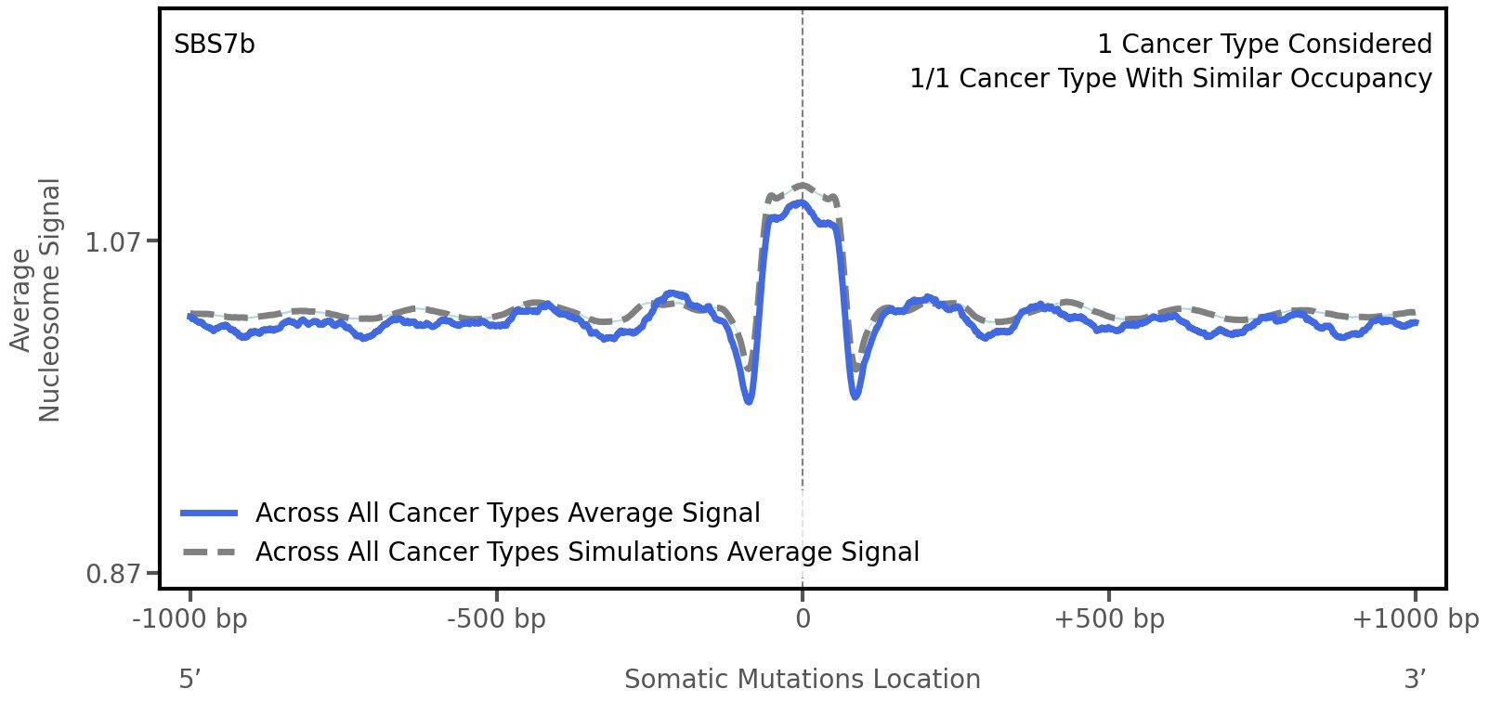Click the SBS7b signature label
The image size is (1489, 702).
pyautogui.click(x=215, y=45)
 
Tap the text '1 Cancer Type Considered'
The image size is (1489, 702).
pyautogui.click(x=1264, y=45)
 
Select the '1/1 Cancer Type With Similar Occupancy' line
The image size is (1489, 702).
pyautogui.click(x=1170, y=79)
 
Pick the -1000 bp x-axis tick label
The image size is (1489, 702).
pyautogui.click(x=190, y=619)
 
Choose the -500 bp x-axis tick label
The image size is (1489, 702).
pyautogui.click(x=496, y=619)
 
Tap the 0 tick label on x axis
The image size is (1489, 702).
pyautogui.click(x=803, y=619)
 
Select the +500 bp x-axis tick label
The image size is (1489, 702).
pyautogui.click(x=1109, y=619)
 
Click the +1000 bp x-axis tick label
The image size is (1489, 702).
pyautogui.click(x=1415, y=619)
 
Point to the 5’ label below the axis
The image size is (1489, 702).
pyautogui.click(x=189, y=680)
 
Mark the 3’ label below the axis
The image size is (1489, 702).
pyautogui.click(x=1415, y=680)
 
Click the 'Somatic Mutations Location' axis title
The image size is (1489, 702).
pyautogui.click(x=802, y=680)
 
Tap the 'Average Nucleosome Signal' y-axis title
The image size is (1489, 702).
pyautogui.click(x=36, y=299)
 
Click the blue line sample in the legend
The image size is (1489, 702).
pyautogui.click(x=210, y=513)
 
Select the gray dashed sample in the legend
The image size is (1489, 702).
pyautogui.click(x=210, y=552)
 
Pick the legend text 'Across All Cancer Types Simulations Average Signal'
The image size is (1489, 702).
pyautogui.click(x=587, y=552)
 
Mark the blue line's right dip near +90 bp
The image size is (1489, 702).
pyautogui.click(x=856, y=396)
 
